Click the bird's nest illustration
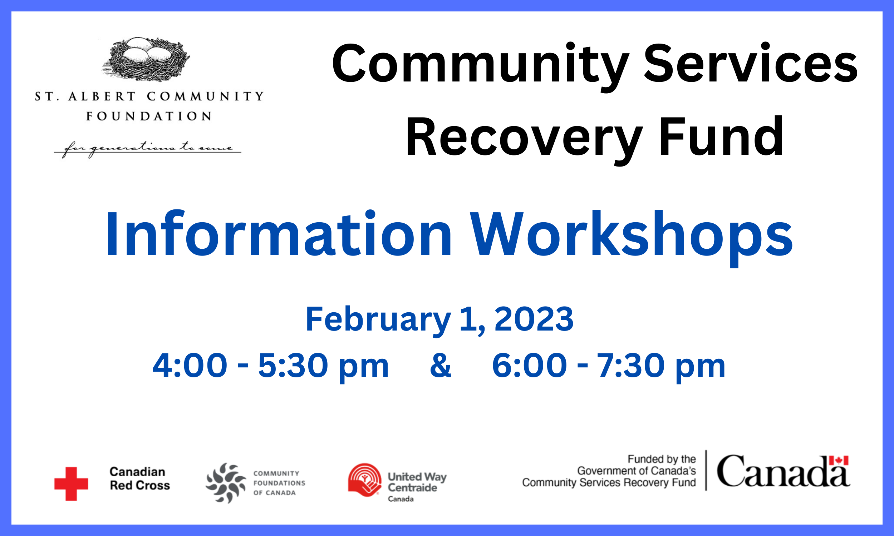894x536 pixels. (x=146, y=59)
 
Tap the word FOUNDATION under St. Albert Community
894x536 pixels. (x=149, y=116)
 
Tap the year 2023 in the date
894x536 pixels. (x=534, y=319)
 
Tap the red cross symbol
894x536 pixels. (x=71, y=483)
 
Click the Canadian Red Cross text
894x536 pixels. (x=139, y=478)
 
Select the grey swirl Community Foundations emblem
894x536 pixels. (x=226, y=483)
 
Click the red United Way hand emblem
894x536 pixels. (x=365, y=480)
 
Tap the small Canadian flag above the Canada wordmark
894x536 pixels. (x=839, y=461)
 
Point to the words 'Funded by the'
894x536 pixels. (x=662, y=459)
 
